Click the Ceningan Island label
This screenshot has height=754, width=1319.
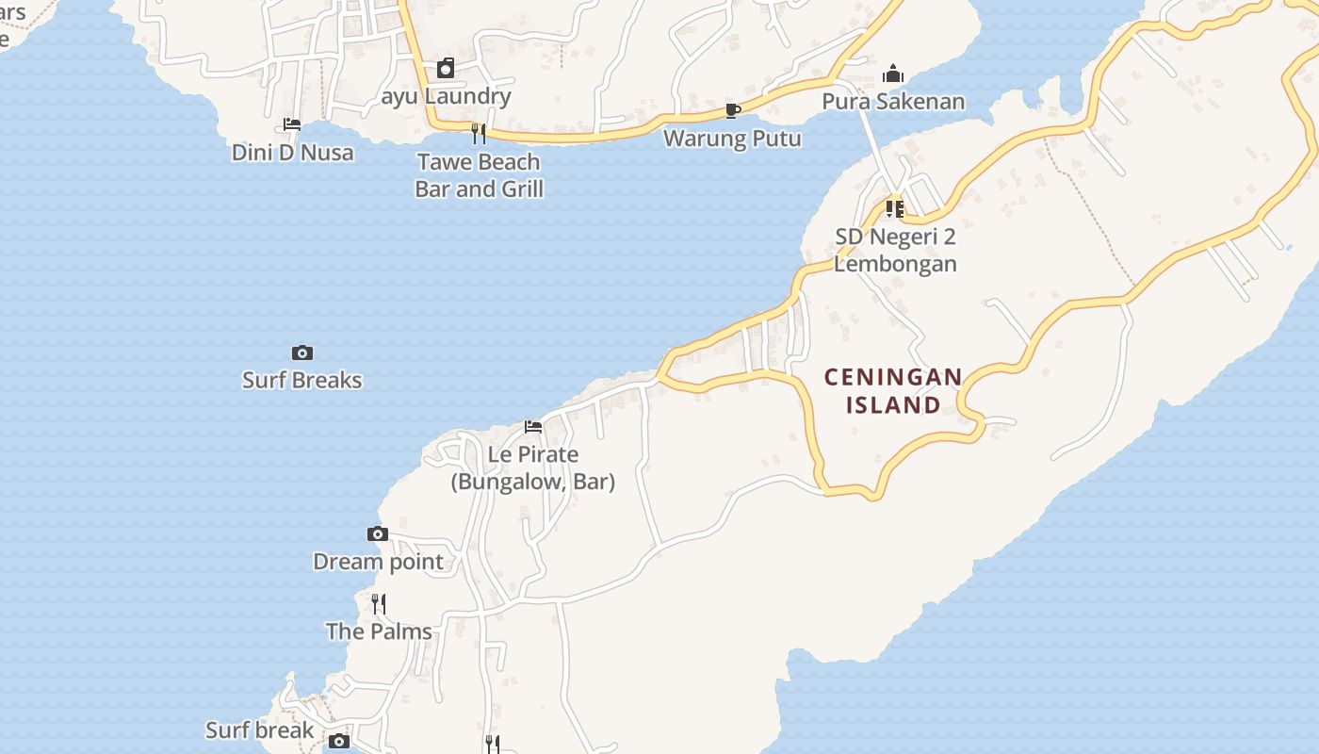coord(893,391)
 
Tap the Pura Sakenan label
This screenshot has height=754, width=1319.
coord(893,101)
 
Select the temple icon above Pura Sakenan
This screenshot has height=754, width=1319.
coord(893,74)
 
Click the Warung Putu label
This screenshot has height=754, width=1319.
coord(732,139)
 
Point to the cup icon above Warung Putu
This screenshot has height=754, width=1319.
coord(732,111)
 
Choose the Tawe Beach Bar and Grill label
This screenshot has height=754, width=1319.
coord(479,175)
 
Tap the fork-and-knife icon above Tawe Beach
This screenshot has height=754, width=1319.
coord(479,133)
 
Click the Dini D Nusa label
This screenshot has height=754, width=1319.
coord(293,153)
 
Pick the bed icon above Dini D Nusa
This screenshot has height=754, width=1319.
coord(292,124)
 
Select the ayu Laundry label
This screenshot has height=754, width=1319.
coord(446,96)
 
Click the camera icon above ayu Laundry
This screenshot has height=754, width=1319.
coord(446,68)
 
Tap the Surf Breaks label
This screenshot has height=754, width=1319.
coord(302,380)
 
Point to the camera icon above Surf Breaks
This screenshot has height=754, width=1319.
coord(302,353)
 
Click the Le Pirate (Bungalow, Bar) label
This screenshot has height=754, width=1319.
coord(533,468)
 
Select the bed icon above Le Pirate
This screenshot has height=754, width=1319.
coord(533,427)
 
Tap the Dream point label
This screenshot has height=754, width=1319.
coord(378,562)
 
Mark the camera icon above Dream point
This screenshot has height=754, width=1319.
coord(378,534)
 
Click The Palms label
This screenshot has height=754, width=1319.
coord(379,631)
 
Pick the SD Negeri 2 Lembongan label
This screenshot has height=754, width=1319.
coord(895,250)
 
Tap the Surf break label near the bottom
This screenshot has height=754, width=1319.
coord(260,730)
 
